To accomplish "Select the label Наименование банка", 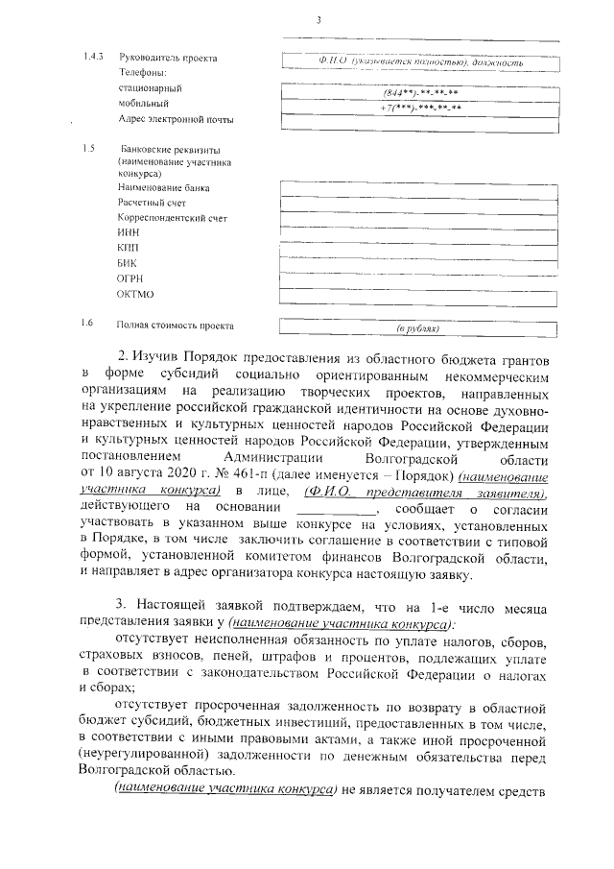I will pyautogui.click(x=163, y=188).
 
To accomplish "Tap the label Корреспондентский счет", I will pyautogui.click(x=172, y=218).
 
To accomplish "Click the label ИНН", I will pyautogui.click(x=129, y=233).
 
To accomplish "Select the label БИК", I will pyautogui.click(x=128, y=263).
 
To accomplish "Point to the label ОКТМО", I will pyautogui.click(x=135, y=294).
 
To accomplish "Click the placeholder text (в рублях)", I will pyautogui.click(x=418, y=327).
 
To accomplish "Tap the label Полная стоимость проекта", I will pyautogui.click(x=175, y=326).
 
